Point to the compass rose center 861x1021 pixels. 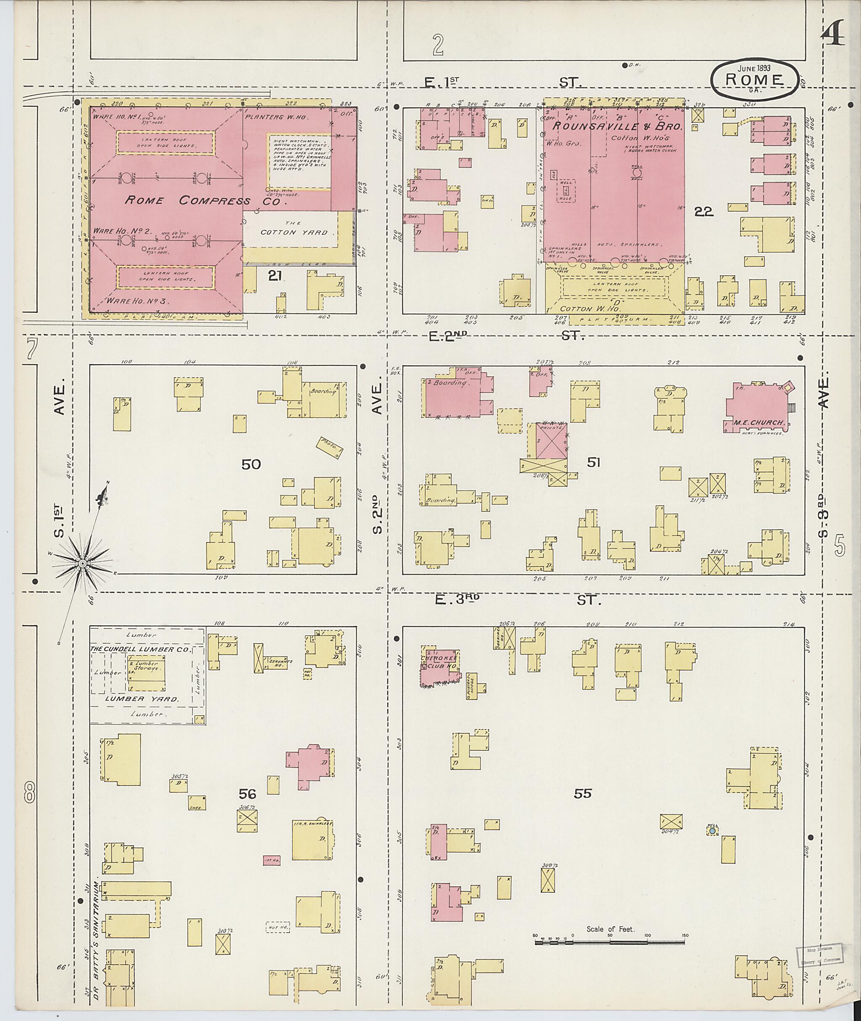tap(82, 564)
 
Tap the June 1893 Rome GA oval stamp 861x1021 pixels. tap(755, 79)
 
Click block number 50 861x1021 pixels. tap(251, 464)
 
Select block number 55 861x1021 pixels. tap(582, 794)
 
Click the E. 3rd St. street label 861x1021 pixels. tap(518, 600)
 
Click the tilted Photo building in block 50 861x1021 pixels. tap(330, 447)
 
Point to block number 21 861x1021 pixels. tap(275, 277)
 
